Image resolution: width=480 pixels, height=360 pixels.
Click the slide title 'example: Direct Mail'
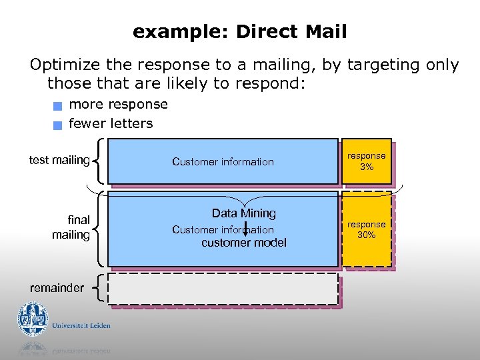point(239,31)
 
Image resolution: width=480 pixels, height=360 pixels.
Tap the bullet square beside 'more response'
point(59,105)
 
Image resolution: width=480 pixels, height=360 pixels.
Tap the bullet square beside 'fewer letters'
point(59,124)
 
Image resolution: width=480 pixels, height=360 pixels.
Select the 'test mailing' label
point(59,160)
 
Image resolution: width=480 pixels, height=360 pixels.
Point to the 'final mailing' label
point(71,227)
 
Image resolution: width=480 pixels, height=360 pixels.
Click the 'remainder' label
point(57,288)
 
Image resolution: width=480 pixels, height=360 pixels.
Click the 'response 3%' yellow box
point(366,161)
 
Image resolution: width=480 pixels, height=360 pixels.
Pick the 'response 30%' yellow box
point(366,229)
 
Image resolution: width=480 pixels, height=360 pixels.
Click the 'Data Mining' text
point(243,213)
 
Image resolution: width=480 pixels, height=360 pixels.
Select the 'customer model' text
point(244,243)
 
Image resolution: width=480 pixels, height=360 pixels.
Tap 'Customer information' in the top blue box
point(223,161)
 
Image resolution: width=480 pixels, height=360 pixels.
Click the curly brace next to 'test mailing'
point(99,160)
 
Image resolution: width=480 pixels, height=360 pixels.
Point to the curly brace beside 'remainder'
point(99,289)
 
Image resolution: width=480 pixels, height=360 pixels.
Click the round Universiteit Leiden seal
point(33,318)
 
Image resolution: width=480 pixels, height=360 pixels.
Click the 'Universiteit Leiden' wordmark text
point(82,325)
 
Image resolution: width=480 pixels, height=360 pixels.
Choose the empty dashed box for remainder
point(223,289)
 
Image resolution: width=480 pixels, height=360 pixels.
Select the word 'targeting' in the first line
point(377,65)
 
